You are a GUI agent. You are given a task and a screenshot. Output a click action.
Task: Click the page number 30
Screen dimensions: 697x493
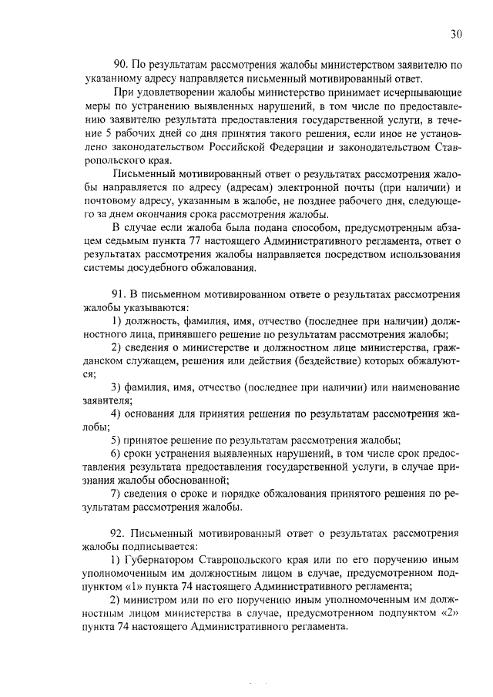point(457,33)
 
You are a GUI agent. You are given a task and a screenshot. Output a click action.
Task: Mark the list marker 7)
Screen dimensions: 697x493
point(118,494)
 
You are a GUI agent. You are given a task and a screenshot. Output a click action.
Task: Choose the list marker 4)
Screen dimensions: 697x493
point(118,414)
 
